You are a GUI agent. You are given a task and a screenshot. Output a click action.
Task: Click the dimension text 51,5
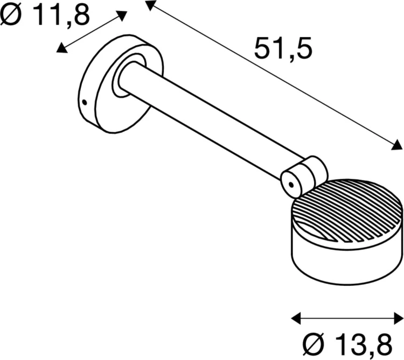282,49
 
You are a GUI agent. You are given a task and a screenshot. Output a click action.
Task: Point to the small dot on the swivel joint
291,185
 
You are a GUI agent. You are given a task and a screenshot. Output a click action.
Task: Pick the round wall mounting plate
102,86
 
